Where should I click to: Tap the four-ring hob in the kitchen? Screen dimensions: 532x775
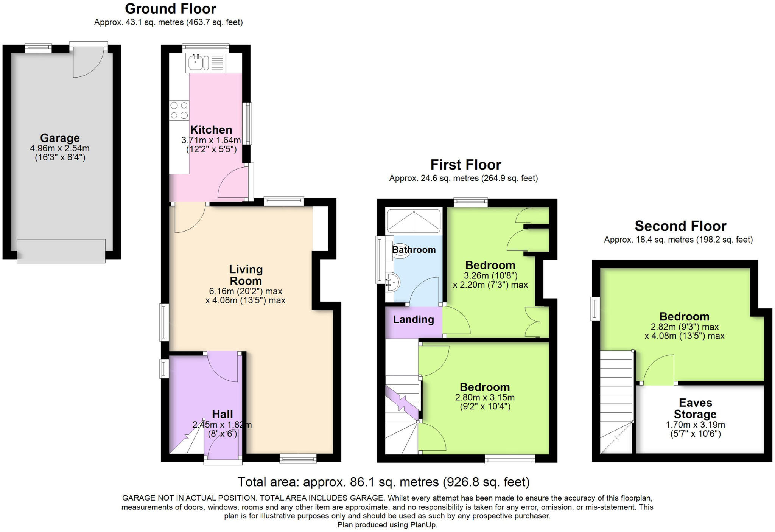179,110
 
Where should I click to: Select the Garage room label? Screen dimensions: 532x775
60,138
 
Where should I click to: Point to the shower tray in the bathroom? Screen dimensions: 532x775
414,221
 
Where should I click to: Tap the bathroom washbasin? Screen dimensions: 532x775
393,282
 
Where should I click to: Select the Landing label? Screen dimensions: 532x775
413,319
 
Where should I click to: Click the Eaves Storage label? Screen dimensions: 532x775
695,408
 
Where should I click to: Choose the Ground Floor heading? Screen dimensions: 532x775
170,8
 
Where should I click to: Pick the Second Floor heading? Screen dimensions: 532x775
680,226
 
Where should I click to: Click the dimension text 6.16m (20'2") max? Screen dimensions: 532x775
246,291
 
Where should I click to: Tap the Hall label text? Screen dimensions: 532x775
222,414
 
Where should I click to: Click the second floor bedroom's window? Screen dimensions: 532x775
595,309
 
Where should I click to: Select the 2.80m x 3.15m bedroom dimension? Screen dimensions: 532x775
484,397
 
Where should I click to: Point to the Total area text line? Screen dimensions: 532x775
383,482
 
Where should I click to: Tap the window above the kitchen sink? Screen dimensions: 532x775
205,48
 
